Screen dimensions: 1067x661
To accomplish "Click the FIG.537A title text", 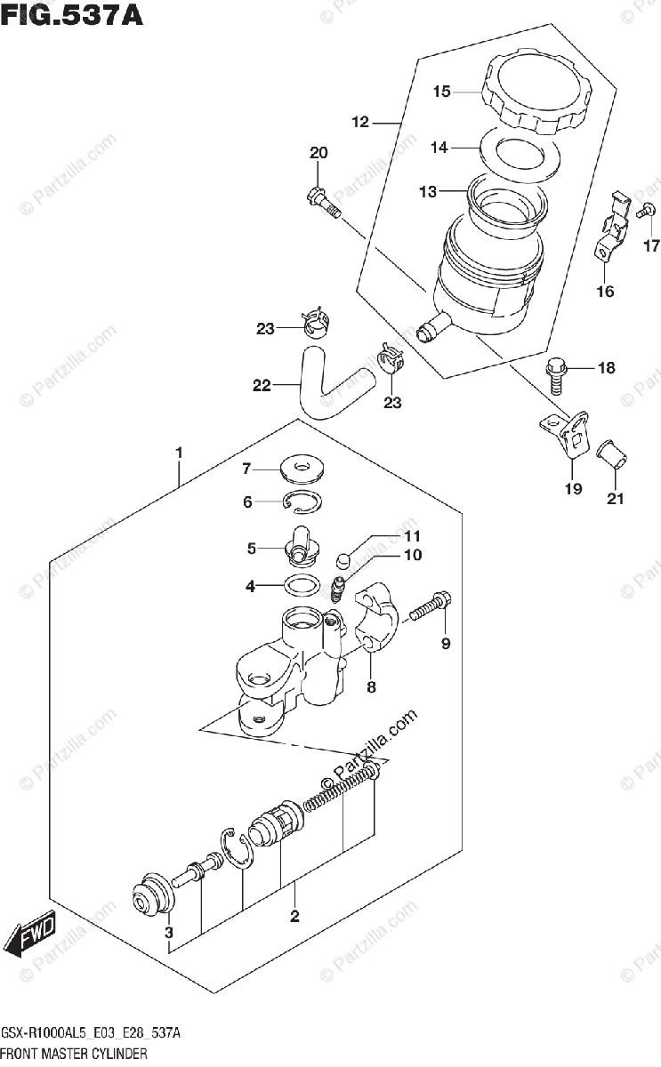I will click(x=72, y=15).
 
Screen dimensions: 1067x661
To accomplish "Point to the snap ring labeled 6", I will click(x=302, y=503).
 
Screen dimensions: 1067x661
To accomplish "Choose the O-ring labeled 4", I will click(x=302, y=585).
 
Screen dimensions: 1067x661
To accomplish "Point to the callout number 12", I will click(x=359, y=122).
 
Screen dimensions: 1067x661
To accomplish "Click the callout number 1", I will click(x=179, y=453).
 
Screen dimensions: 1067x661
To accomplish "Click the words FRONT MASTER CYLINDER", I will click(x=75, y=1054).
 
